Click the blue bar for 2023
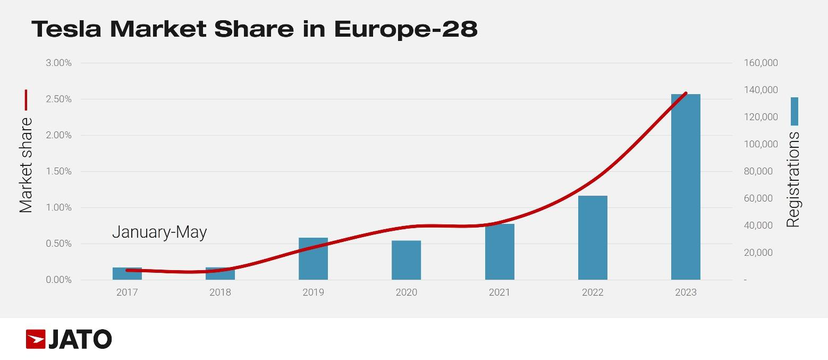[686, 187]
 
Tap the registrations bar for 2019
[313, 258]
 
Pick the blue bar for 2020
[406, 260]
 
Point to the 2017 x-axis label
[126, 292]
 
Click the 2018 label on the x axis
[220, 292]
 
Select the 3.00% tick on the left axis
[58, 63]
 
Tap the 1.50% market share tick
[58, 171]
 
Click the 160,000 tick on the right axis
[761, 63]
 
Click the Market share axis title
[26, 165]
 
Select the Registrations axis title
[793, 180]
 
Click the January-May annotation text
[159, 232]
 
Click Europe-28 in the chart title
[405, 29]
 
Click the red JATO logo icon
[36, 339]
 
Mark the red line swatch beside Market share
[26, 100]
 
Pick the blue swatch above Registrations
[794, 111]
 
